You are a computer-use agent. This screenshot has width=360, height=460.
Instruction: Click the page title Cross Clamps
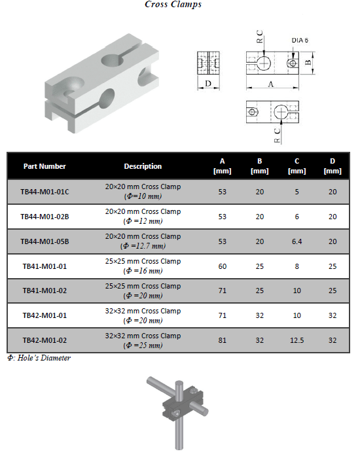click(x=173, y=5)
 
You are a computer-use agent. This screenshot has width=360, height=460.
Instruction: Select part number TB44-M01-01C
click(x=45, y=192)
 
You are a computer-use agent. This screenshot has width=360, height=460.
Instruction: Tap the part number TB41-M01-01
click(x=45, y=267)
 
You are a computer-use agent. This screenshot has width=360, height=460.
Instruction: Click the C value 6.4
click(x=297, y=241)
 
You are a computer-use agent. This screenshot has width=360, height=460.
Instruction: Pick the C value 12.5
click(x=297, y=341)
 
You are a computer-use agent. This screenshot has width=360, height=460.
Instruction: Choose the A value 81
click(x=222, y=341)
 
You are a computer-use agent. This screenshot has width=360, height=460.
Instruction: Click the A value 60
click(x=222, y=267)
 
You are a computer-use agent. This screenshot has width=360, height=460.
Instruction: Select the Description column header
click(x=143, y=166)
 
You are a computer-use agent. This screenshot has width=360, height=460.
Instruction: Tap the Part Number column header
click(x=45, y=166)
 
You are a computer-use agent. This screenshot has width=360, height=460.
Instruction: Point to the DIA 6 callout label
click(x=300, y=41)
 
